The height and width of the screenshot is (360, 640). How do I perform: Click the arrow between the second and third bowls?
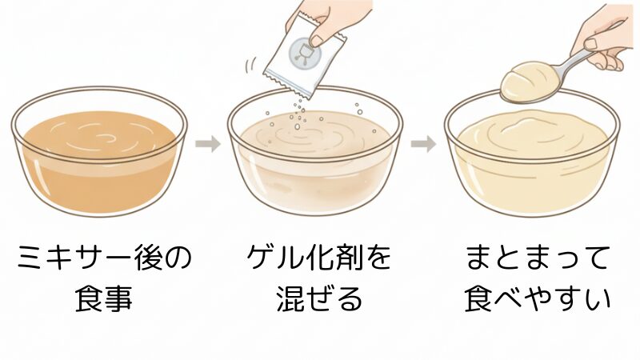pyautogui.click(x=423, y=145)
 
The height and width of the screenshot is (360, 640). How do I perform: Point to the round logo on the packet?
pyautogui.click(x=303, y=53)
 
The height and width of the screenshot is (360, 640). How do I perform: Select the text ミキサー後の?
pyautogui.click(x=105, y=259)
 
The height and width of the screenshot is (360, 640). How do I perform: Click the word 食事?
pyautogui.click(x=105, y=300)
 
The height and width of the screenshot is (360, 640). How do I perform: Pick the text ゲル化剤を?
pyautogui.click(x=319, y=259)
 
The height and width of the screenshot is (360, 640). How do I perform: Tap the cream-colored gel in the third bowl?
pyautogui.click(x=531, y=160)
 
